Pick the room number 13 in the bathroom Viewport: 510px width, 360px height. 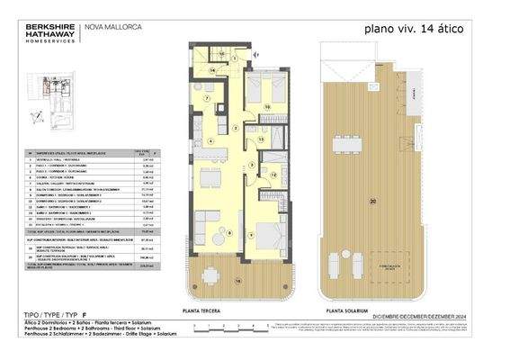(x=260, y=139)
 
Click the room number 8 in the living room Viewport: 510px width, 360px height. (x=229, y=232)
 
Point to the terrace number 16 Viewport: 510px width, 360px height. (x=238, y=281)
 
